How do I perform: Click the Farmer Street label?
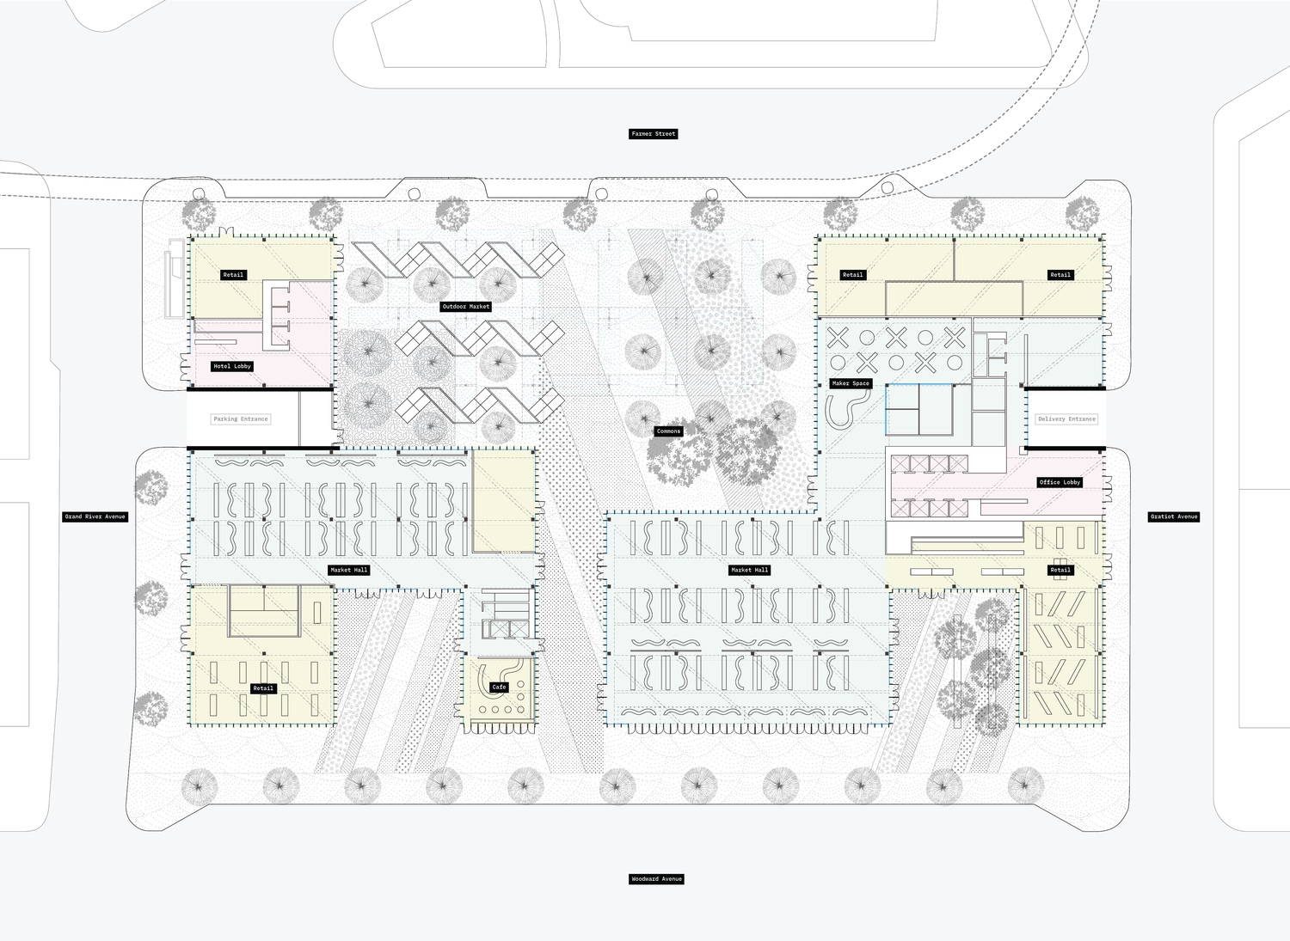654,134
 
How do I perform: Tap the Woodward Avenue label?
656,879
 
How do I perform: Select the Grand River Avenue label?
95,516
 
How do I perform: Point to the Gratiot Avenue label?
1174,516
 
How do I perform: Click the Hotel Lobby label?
232,366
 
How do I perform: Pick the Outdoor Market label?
466,306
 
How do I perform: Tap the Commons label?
668,431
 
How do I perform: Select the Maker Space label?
851,383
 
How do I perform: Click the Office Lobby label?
1060,482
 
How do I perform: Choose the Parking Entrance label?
241,419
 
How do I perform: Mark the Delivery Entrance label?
1066,419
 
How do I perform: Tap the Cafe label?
499,687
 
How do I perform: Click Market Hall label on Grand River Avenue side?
349,570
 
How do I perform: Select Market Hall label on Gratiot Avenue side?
749,570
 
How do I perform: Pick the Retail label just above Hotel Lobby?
233,275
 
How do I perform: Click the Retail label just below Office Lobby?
1060,570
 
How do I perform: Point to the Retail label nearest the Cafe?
263,688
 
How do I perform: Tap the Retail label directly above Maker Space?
852,275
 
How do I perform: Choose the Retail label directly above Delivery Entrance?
1060,275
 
